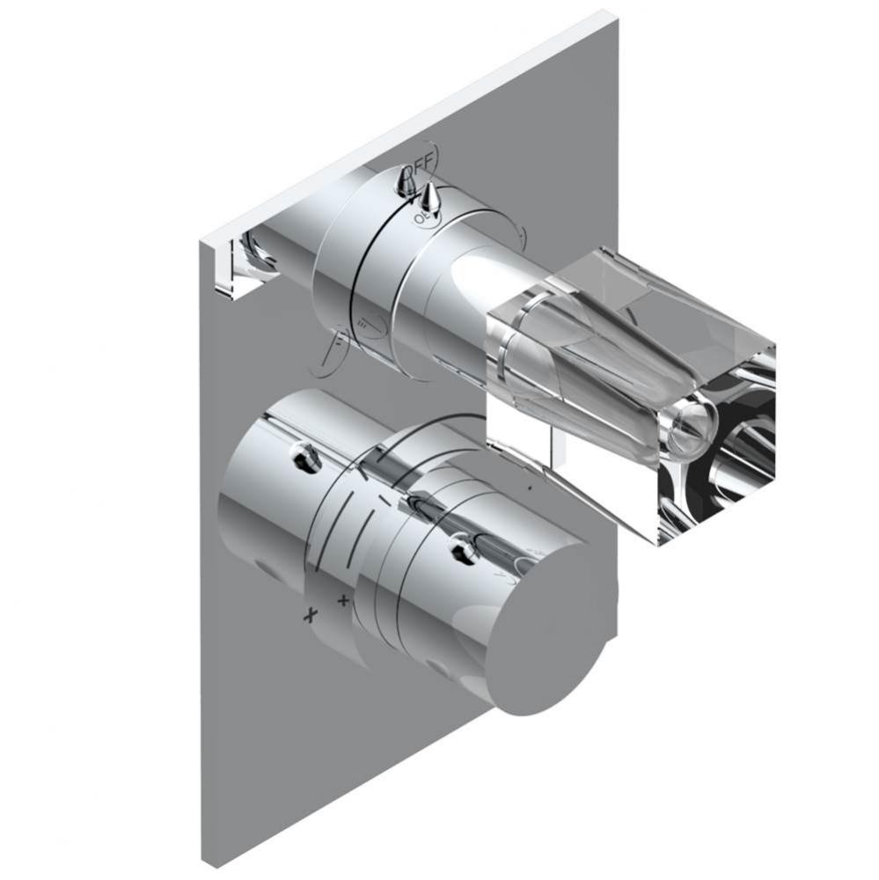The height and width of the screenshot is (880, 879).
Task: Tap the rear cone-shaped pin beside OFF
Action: (x=406, y=181)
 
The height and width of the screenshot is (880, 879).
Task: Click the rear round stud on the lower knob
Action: (x=304, y=455)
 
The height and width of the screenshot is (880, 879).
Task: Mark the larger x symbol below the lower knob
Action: (x=309, y=614)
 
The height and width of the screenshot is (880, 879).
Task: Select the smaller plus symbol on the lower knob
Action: (x=342, y=601)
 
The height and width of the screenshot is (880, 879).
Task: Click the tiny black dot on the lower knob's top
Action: (x=530, y=486)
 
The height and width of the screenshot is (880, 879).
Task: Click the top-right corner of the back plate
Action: (x=612, y=12)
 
